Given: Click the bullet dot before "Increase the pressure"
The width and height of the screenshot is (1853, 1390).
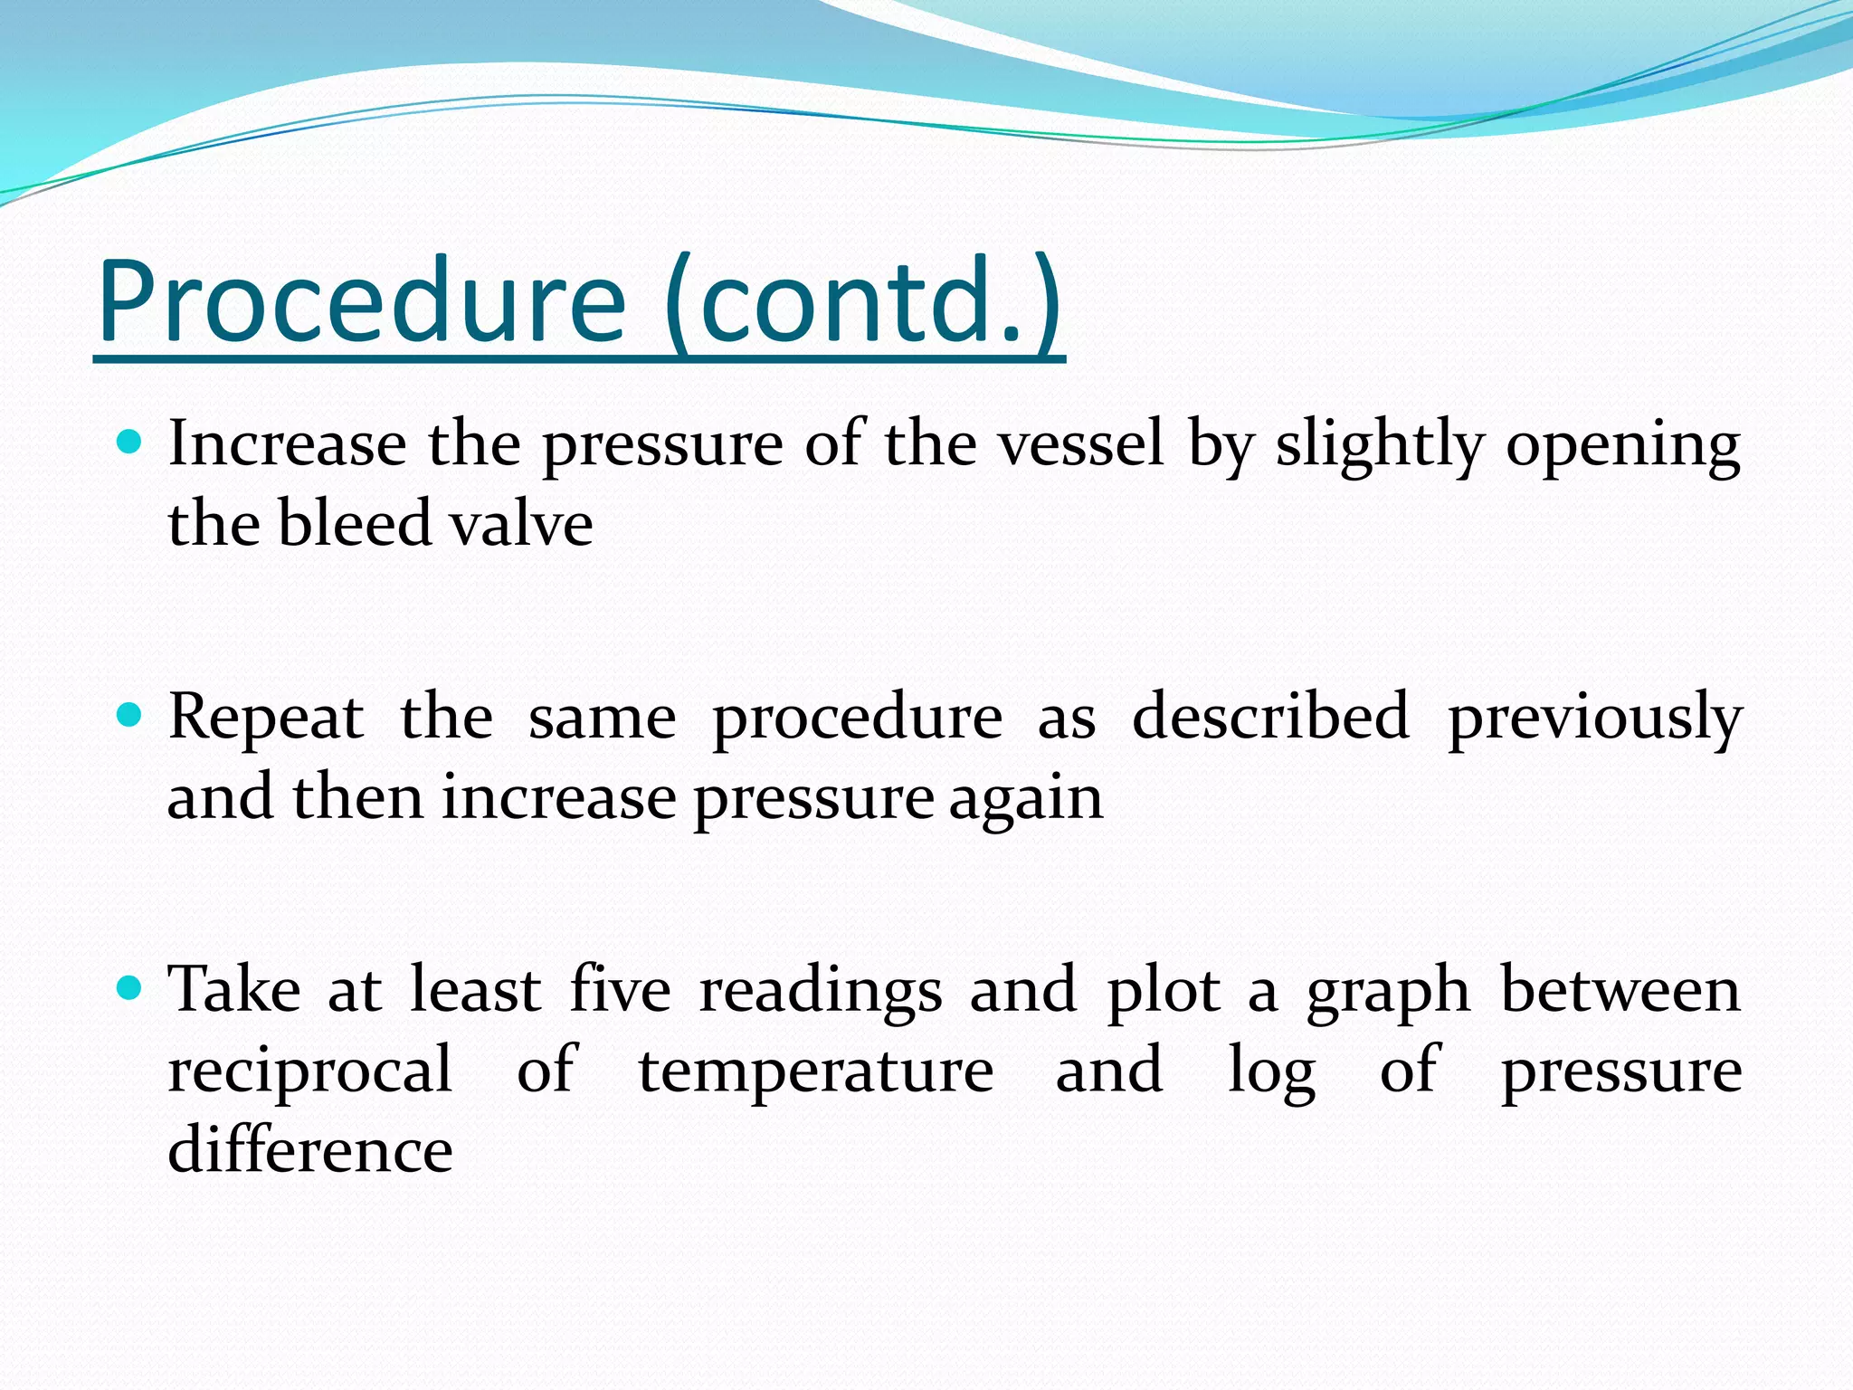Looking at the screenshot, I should click(x=130, y=442).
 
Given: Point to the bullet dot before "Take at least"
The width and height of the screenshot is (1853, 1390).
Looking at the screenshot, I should click(x=130, y=988).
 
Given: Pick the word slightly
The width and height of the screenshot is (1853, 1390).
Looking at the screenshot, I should click(x=1380, y=446).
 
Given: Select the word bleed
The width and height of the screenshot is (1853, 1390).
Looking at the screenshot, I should click(x=354, y=524).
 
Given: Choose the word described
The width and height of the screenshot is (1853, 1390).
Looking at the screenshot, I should click(x=1270, y=717).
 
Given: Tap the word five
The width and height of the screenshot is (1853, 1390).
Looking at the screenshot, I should click(x=621, y=989).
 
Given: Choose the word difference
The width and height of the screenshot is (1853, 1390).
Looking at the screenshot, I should click(x=310, y=1150).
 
